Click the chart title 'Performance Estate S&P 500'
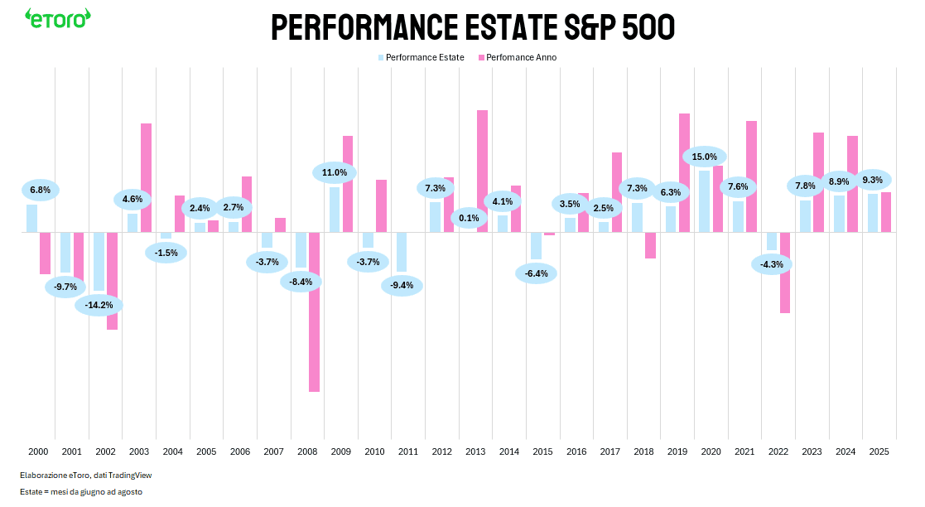click(x=473, y=28)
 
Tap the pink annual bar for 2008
click(x=315, y=311)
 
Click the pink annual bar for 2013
click(x=482, y=171)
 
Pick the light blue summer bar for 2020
click(x=704, y=201)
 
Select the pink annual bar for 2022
click(x=784, y=273)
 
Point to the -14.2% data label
click(x=99, y=305)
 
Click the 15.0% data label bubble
click(x=704, y=157)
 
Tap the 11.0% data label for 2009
click(x=335, y=172)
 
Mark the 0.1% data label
click(x=469, y=218)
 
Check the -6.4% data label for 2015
click(x=536, y=273)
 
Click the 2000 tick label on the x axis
click(x=38, y=452)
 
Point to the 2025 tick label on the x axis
click(x=879, y=452)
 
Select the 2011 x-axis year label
click(x=407, y=452)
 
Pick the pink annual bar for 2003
click(x=146, y=177)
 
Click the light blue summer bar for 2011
click(x=402, y=252)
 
